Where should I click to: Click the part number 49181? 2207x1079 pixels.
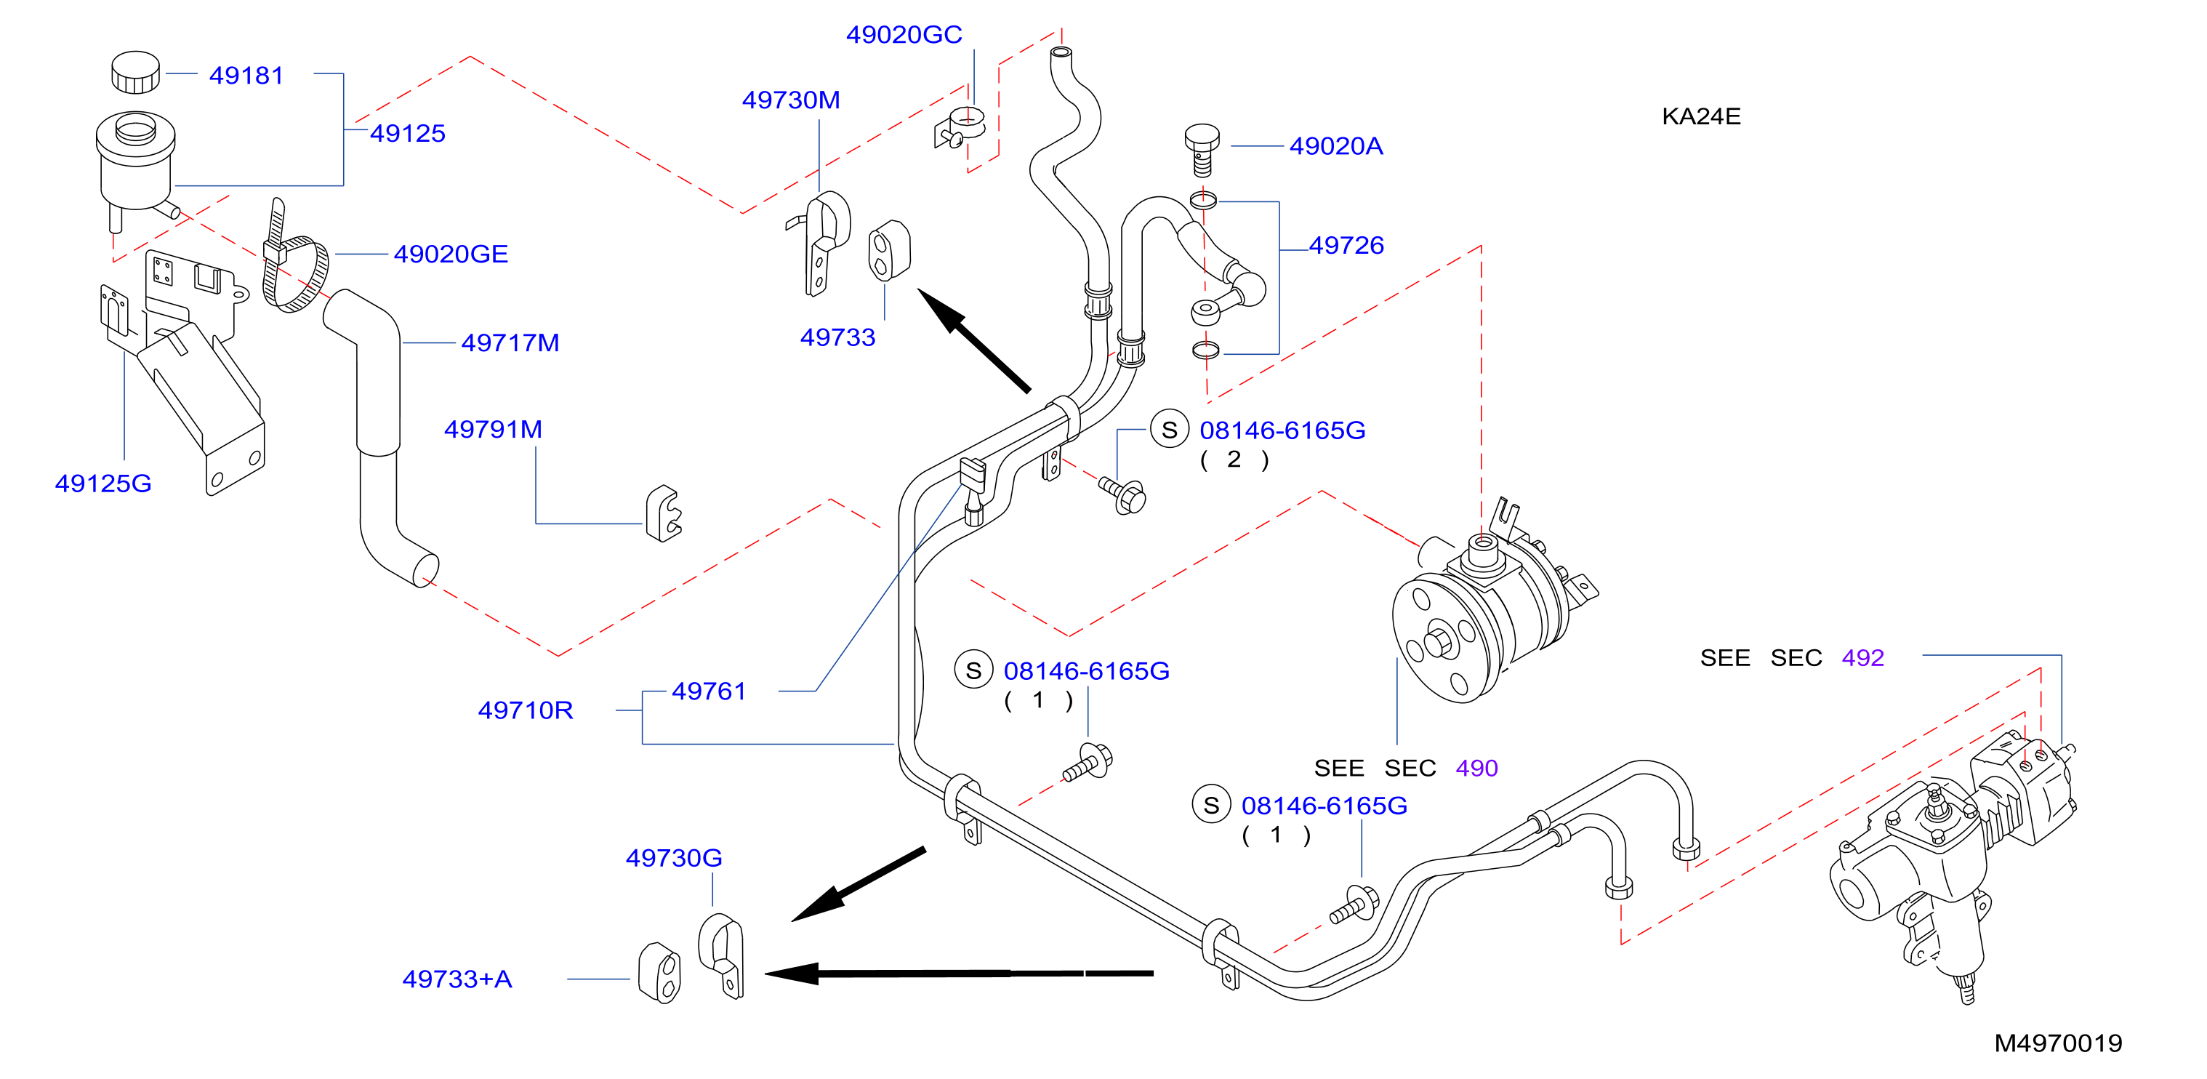pos(246,76)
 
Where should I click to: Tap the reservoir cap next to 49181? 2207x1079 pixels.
pos(135,72)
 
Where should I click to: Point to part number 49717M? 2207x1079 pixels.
pos(510,342)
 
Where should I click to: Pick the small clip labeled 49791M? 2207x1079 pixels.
pos(664,513)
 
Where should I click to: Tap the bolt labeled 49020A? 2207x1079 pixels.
pos(1202,150)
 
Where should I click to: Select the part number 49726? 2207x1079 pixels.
pos(1346,245)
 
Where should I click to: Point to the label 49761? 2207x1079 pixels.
pos(709,691)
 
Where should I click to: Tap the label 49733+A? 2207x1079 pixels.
pos(457,979)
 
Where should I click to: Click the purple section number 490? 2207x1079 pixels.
pos(1476,768)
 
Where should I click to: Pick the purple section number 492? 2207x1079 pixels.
pos(1862,657)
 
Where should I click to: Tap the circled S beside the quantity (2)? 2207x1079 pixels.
pos(1169,430)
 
